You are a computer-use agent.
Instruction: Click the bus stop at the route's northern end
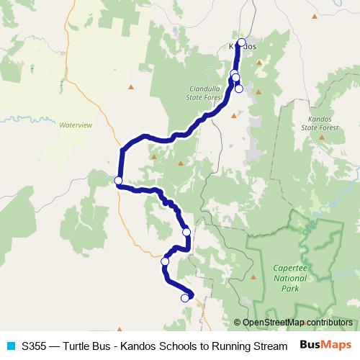pyautogui.click(x=241, y=42)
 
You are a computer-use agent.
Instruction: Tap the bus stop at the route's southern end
pyautogui.click(x=185, y=297)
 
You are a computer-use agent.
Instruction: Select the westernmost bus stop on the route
pyautogui.click(x=118, y=181)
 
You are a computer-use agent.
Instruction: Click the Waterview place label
pyautogui.click(x=76, y=125)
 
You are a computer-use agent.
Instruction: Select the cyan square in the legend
pyautogui.click(x=11, y=346)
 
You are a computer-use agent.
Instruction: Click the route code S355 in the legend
pyautogui.click(x=35, y=346)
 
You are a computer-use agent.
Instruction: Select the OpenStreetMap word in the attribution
pyautogui.click(x=272, y=322)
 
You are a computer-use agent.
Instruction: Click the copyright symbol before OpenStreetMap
pyautogui.click(x=238, y=322)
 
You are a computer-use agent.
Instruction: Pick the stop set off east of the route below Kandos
pyautogui.click(x=239, y=89)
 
